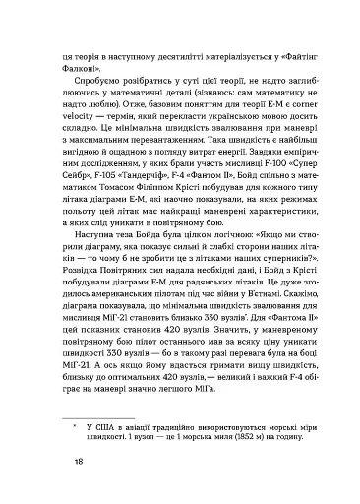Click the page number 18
coord(66,461)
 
